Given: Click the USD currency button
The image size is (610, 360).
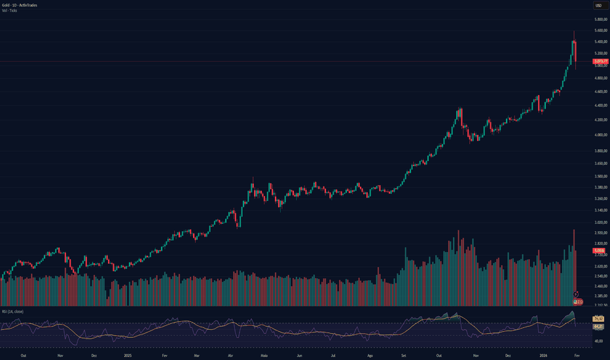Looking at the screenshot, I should pyautogui.click(x=598, y=6).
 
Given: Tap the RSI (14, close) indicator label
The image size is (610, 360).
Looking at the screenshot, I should pyautogui.click(x=12, y=312).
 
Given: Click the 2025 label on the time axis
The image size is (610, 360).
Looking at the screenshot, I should pyautogui.click(x=128, y=355).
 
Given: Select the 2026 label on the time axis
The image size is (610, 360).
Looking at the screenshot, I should pyautogui.click(x=543, y=355).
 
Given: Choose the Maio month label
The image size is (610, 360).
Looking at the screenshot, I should pyautogui.click(x=264, y=355).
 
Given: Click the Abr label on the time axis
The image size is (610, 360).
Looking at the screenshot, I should pyautogui.click(x=230, y=355).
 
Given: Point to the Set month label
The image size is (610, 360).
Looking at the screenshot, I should pyautogui.click(x=404, y=355).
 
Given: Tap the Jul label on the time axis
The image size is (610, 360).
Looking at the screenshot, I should pyautogui.click(x=334, y=355).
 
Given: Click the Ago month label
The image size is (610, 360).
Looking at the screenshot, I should pyautogui.click(x=370, y=355).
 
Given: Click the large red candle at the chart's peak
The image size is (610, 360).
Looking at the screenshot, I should pyautogui.click(x=575, y=52).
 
